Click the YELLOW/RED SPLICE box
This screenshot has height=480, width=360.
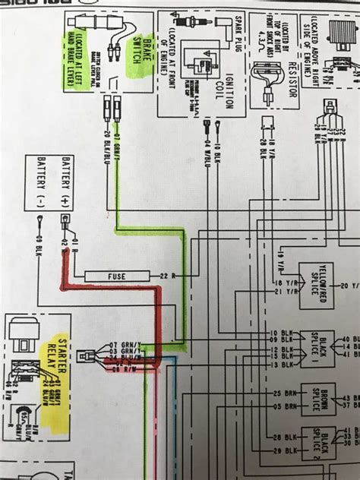click(315, 285)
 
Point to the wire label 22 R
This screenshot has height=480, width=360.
click(168, 274)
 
